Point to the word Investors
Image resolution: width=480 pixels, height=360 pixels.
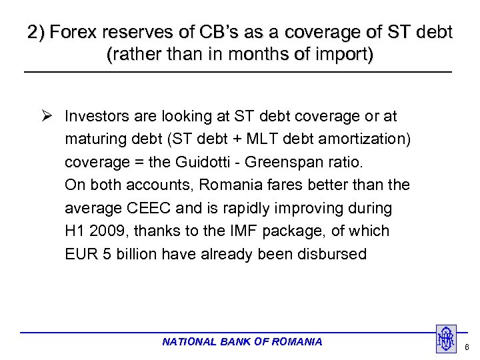pos(97,117)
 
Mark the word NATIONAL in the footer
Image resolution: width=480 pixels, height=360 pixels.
pos(189,342)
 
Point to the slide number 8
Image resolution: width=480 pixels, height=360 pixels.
pos(467,347)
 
